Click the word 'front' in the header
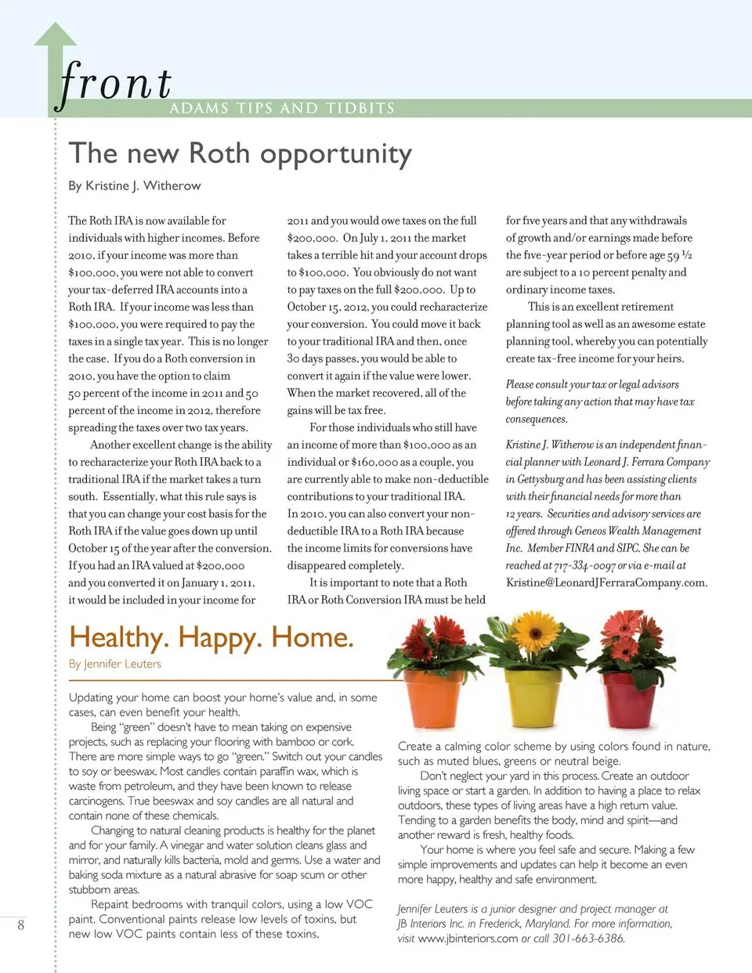(x=115, y=83)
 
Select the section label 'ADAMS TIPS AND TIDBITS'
(x=282, y=108)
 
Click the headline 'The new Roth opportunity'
(x=240, y=153)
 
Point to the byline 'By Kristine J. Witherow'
(x=134, y=186)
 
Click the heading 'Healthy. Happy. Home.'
(x=211, y=637)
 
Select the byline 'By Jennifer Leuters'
(x=114, y=664)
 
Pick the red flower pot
(x=628, y=698)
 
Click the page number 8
(x=20, y=924)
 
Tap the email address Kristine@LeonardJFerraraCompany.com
(x=606, y=582)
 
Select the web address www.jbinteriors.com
(x=468, y=939)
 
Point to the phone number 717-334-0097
(x=584, y=565)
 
